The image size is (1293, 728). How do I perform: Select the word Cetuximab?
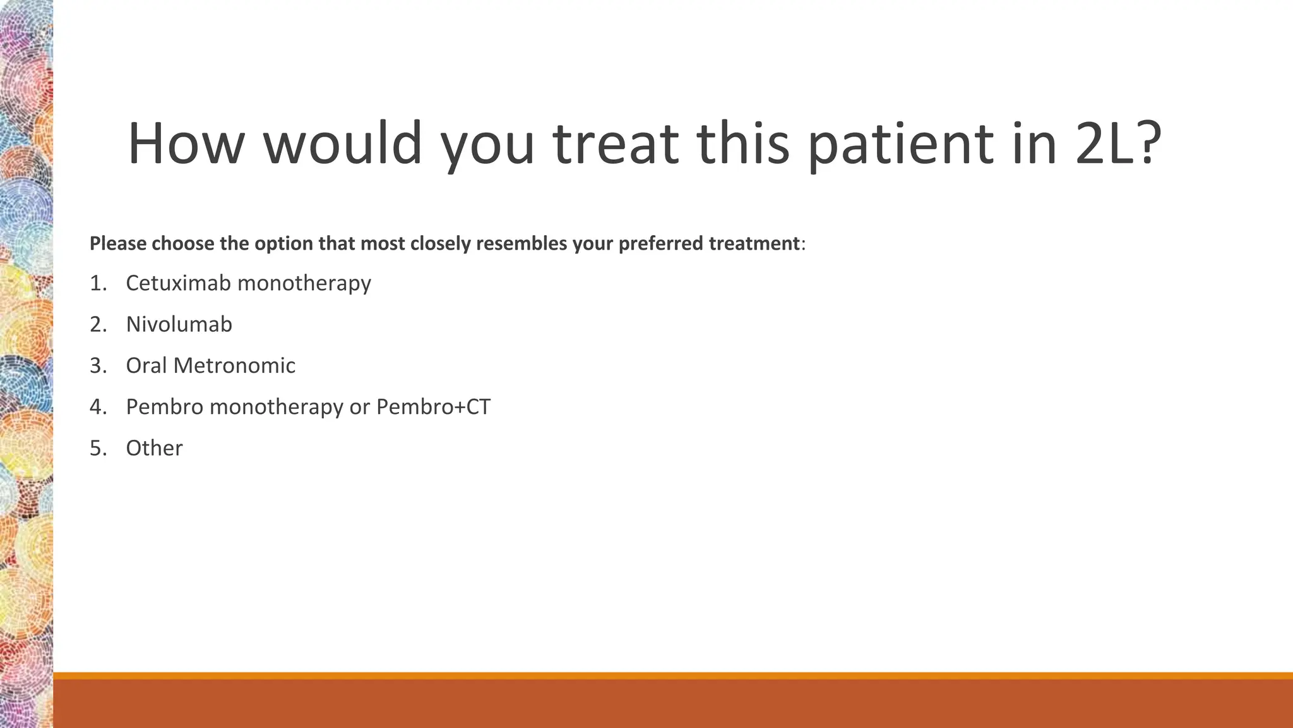[179, 283]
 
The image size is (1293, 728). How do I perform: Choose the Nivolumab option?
[179, 324]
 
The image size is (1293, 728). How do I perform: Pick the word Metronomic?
[234, 365]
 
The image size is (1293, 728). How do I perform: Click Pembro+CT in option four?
[433, 406]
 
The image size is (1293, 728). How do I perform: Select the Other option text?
[154, 448]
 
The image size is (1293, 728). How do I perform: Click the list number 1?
[98, 283]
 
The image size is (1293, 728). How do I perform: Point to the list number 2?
[98, 324]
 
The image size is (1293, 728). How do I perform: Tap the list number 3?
[98, 365]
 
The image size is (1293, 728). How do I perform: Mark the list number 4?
[98, 406]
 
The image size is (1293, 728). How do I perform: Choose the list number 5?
[98, 448]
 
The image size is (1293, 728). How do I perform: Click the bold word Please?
[118, 243]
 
